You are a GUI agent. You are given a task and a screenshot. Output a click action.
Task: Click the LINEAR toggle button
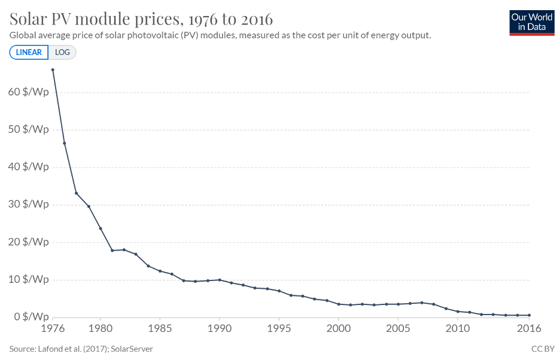pos(29,52)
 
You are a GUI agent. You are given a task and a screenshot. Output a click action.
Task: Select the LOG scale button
pos(62,52)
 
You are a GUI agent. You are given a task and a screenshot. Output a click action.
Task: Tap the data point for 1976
pos(53,70)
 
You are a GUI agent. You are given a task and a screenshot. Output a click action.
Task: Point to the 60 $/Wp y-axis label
pos(29,92)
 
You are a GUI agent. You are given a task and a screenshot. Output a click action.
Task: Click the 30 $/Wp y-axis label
pos(29,205)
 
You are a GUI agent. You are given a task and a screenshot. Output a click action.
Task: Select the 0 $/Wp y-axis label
pos(31,316)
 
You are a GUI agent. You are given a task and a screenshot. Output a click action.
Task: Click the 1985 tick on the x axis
pos(160,328)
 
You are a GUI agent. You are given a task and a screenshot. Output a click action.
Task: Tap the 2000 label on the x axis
pos(339,328)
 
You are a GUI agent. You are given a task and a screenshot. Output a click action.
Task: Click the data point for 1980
pos(100,228)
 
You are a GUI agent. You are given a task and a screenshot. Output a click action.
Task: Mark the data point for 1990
pos(219,280)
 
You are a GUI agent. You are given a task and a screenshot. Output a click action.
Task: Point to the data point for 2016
pos(529,315)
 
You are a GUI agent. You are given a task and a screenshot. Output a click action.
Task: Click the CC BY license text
pos(543,348)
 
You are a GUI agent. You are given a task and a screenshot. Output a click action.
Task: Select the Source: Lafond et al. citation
pos(81,348)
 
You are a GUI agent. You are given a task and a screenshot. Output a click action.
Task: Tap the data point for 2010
pos(458,312)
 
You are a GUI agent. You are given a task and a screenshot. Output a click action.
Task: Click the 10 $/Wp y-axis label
pos(29,279)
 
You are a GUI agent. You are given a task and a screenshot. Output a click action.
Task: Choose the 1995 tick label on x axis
pos(279,328)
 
